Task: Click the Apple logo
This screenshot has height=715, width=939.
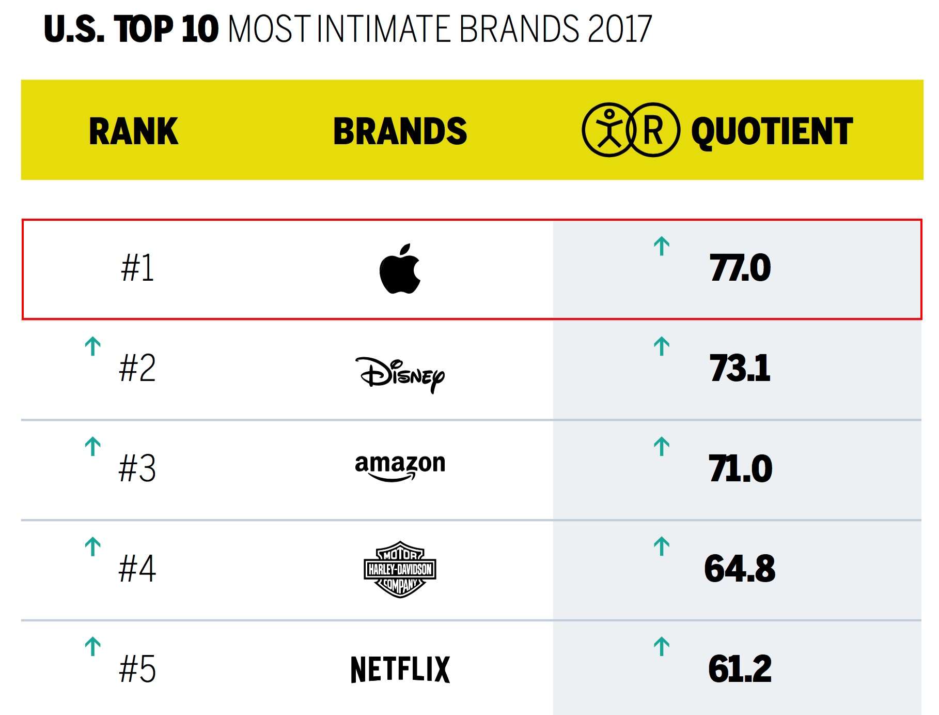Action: click(400, 269)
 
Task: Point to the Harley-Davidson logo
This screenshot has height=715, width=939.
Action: click(400, 569)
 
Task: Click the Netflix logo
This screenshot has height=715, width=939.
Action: click(400, 669)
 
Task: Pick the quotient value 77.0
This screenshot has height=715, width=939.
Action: click(740, 268)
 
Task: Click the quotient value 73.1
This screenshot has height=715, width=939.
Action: click(740, 369)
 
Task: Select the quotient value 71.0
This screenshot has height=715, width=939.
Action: click(740, 469)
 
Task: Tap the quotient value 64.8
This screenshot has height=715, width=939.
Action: click(740, 569)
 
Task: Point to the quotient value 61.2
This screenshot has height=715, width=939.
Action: click(740, 669)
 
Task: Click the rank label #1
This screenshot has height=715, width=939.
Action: click(137, 268)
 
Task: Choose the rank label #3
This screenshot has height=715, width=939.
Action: click(137, 469)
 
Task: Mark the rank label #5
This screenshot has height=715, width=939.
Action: click(137, 669)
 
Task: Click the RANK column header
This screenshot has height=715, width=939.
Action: click(134, 131)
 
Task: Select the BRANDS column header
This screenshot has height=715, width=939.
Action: click(400, 131)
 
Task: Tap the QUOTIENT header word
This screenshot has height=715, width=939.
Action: click(772, 131)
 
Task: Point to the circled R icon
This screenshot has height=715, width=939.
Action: click(653, 130)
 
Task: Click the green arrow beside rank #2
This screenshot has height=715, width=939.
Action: click(93, 346)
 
